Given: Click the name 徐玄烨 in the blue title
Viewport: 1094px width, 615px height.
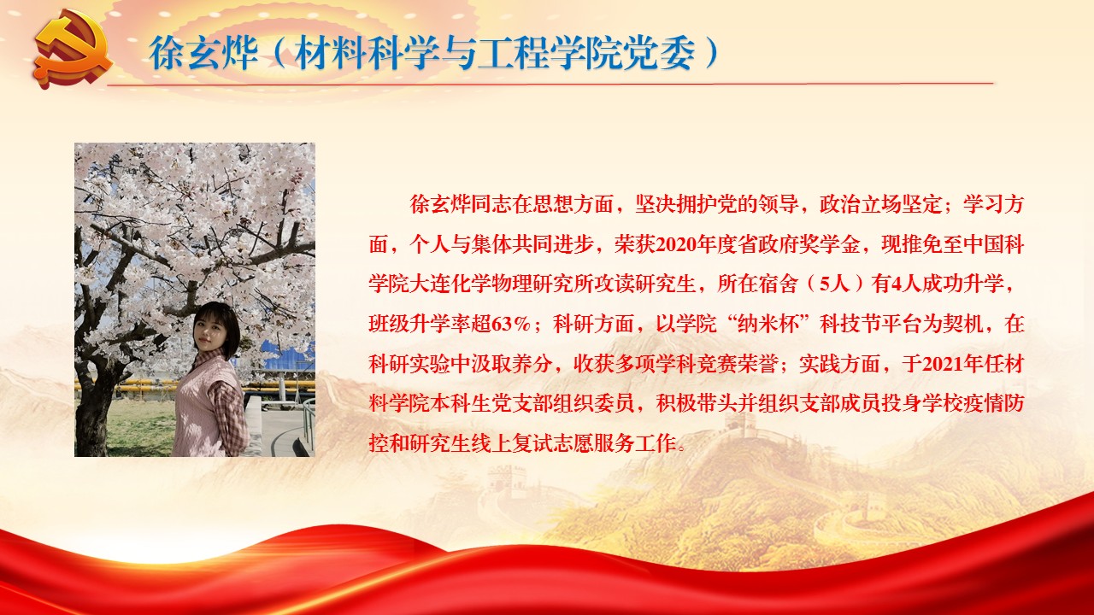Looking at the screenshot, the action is [x=203, y=53].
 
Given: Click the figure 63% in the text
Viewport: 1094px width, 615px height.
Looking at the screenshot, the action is [x=511, y=324].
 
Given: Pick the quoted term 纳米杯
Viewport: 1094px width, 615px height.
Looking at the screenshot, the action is [x=768, y=324].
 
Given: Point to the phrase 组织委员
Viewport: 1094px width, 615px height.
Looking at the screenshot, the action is [x=594, y=404].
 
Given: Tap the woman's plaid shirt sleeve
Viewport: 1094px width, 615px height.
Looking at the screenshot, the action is [x=230, y=415].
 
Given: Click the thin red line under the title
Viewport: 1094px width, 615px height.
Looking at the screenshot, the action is [x=550, y=84].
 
